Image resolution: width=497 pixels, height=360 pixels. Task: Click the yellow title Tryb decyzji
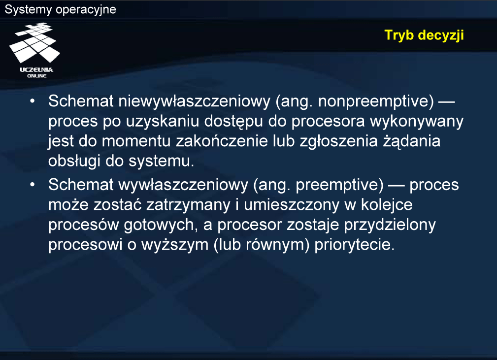tap(424, 35)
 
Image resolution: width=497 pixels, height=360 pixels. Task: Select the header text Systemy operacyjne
tap(61, 9)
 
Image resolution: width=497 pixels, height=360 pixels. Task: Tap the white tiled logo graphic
tap(35, 42)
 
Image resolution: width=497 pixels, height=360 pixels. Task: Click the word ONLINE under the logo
tap(37, 76)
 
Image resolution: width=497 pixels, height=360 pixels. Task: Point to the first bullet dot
tap(33, 101)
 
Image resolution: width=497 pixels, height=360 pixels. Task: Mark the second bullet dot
tap(33, 185)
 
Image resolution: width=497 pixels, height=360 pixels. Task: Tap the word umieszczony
tap(292, 205)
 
